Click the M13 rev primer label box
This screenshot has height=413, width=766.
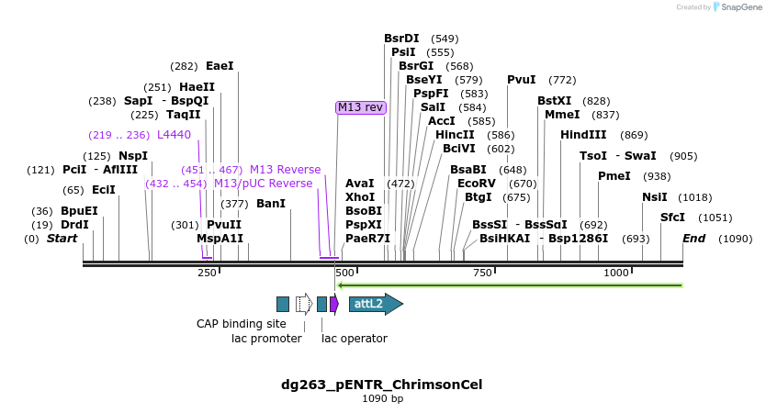[361, 107]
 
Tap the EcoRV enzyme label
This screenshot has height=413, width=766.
[477, 184]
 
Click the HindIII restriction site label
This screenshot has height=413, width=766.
[583, 135]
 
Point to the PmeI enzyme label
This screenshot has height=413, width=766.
[614, 176]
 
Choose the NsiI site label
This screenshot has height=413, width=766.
[655, 197]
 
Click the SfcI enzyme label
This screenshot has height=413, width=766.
[673, 218]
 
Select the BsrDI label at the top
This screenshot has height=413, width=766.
[401, 39]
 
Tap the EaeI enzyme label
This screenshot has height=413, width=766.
[220, 66]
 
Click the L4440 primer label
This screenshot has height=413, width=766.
[175, 135]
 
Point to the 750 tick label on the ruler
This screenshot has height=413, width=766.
[481, 273]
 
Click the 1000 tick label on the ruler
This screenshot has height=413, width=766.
[615, 273]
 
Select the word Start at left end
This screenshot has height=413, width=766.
[62, 239]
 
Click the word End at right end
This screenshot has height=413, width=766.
[694, 239]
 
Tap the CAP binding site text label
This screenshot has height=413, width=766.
[242, 324]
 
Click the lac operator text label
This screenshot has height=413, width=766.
[355, 339]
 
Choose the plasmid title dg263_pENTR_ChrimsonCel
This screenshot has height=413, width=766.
[382, 385]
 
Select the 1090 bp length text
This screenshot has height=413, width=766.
[382, 399]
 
